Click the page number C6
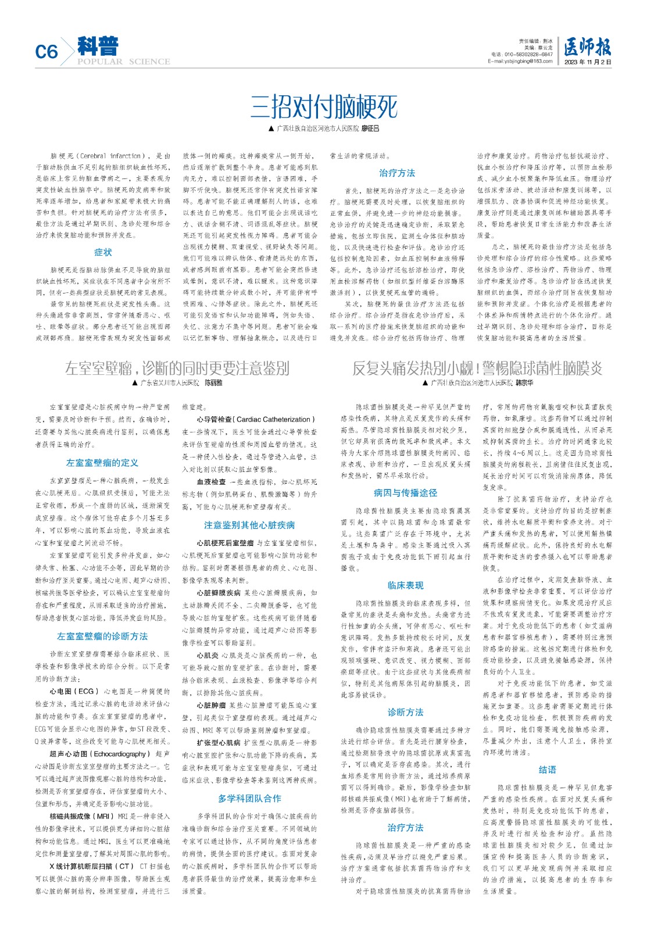click(x=47, y=52)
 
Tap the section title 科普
click(x=98, y=46)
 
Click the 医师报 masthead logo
click(x=587, y=47)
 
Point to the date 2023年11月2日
click(x=587, y=61)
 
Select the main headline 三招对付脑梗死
click(x=324, y=107)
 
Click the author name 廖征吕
click(x=370, y=128)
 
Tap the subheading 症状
click(x=103, y=252)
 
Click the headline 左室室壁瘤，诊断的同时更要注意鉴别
click(x=177, y=368)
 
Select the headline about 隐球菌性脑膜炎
click(x=477, y=368)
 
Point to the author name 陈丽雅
click(x=213, y=383)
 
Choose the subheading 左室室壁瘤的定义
click(x=102, y=463)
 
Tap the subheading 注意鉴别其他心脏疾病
click(x=249, y=525)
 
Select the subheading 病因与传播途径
click(x=405, y=492)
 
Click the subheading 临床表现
click(x=405, y=585)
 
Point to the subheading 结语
click(x=547, y=770)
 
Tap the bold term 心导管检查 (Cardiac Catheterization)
click(x=255, y=419)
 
